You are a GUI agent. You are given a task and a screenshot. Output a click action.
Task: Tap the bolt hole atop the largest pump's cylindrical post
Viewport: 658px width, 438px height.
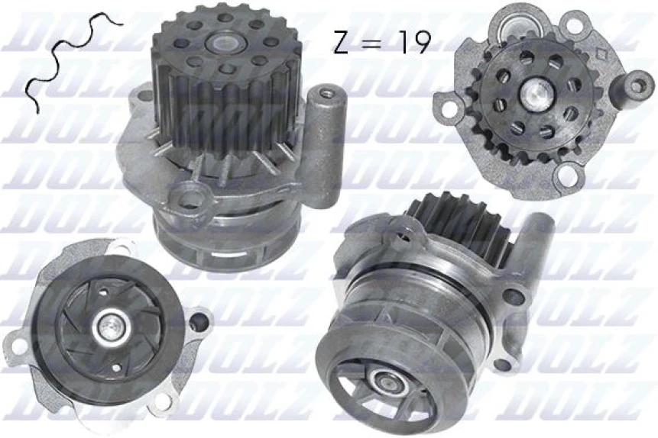(x=328, y=95)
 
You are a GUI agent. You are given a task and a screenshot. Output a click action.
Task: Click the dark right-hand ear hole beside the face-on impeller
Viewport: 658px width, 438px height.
(x=198, y=321)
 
